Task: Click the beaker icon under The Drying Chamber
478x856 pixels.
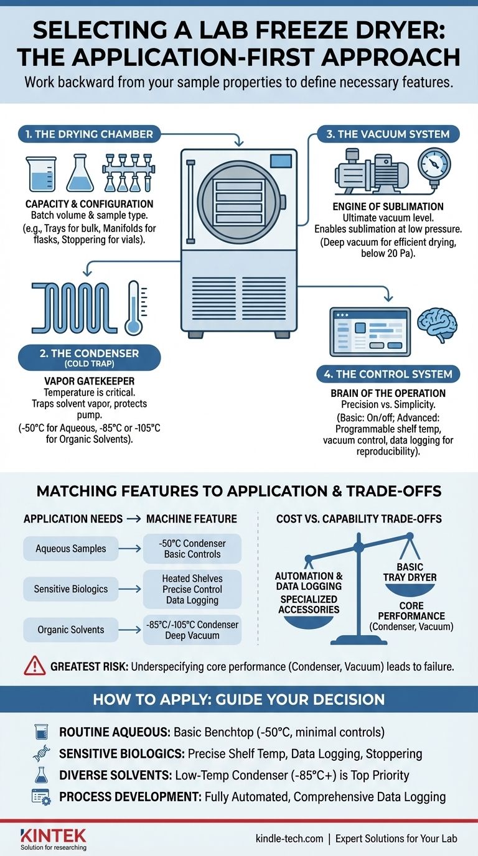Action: pos(41,174)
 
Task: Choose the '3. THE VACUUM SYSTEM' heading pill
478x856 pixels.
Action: pos(383,134)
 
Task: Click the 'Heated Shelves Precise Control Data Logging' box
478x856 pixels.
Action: pos(192,589)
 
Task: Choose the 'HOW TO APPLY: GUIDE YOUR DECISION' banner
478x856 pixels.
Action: pos(239,699)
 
